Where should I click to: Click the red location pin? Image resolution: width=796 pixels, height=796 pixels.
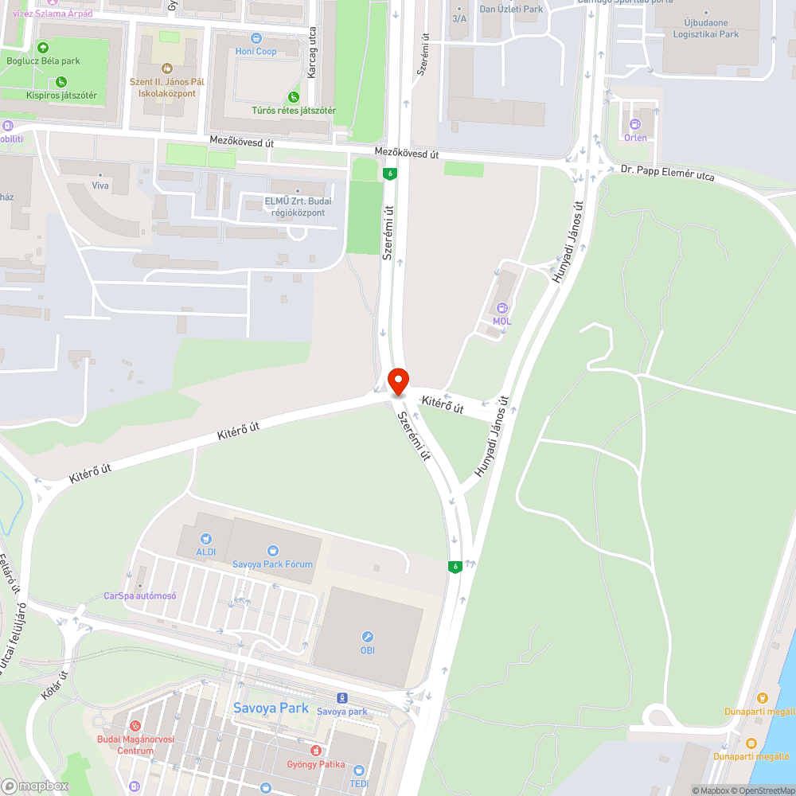pyautogui.click(x=397, y=380)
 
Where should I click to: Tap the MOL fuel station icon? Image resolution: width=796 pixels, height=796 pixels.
pyautogui.click(x=502, y=308)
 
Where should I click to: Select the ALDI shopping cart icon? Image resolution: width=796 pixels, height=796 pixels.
pyautogui.click(x=206, y=539)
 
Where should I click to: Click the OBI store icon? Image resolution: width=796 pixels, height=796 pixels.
pyautogui.click(x=367, y=637)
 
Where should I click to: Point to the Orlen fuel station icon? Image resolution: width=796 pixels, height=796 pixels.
pyautogui.click(x=635, y=124)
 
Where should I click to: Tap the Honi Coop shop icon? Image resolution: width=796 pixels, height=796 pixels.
pyautogui.click(x=256, y=37)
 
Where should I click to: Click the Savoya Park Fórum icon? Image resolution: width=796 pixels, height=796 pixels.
pyautogui.click(x=273, y=551)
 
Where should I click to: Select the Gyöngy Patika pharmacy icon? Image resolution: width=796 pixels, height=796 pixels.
pyautogui.click(x=316, y=751)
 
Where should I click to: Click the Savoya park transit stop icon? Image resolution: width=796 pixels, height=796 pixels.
pyautogui.click(x=342, y=697)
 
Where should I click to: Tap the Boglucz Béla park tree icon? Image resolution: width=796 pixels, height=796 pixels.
pyautogui.click(x=43, y=48)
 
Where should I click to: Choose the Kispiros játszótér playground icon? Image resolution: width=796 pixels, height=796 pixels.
pyautogui.click(x=61, y=81)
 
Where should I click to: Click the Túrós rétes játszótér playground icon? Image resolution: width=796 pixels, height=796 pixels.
pyautogui.click(x=294, y=96)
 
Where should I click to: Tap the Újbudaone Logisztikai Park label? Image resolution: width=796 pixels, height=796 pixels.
pyautogui.click(x=700, y=29)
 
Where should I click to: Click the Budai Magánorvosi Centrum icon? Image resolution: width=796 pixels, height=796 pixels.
pyautogui.click(x=135, y=726)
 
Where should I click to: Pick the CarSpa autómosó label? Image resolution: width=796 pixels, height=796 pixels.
pyautogui.click(x=140, y=595)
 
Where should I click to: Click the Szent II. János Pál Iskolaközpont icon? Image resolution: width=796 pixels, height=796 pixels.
pyautogui.click(x=166, y=68)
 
